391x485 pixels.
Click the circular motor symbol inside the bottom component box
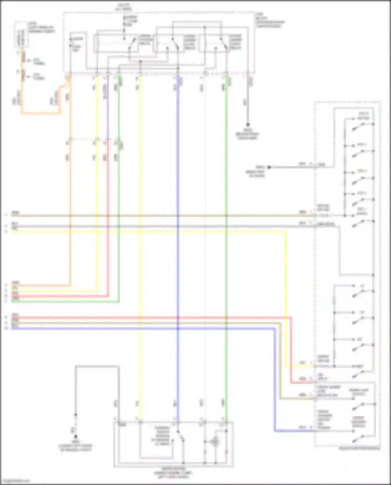[x=215, y=442]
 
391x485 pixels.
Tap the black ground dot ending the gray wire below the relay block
[x=248, y=125]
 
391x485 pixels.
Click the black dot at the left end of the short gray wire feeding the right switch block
[x=269, y=167]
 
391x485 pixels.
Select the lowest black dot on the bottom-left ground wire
[x=76, y=437]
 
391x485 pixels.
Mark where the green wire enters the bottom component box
[x=226, y=422]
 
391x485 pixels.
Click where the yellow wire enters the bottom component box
[x=140, y=422]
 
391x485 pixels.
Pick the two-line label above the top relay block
[x=124, y=7]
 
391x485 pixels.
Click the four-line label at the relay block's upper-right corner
[x=270, y=20]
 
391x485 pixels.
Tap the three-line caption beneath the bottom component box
[x=173, y=473]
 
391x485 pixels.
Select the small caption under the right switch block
[x=359, y=449]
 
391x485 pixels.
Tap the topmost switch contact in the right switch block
[x=358, y=127]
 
